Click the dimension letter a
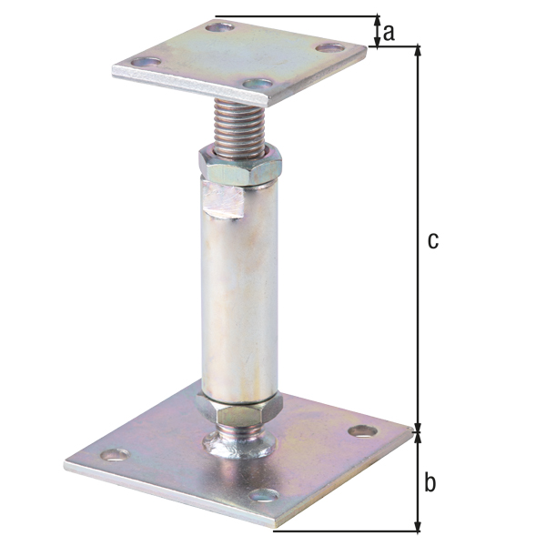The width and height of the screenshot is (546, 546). (x=389, y=33)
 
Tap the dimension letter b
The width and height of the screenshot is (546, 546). (x=430, y=483)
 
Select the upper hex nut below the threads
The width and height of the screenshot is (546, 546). (x=239, y=167)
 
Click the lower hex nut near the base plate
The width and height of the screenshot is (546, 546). (x=239, y=412)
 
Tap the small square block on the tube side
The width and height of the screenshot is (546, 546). (x=224, y=200)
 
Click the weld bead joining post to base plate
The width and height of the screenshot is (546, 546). (x=238, y=445)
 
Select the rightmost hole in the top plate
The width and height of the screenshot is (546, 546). (x=330, y=46)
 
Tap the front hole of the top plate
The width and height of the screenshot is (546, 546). (x=258, y=85)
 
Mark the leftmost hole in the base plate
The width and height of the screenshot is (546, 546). (x=113, y=453)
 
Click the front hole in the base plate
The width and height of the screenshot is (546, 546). (x=264, y=496)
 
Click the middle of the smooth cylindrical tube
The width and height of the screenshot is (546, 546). (x=239, y=291)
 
